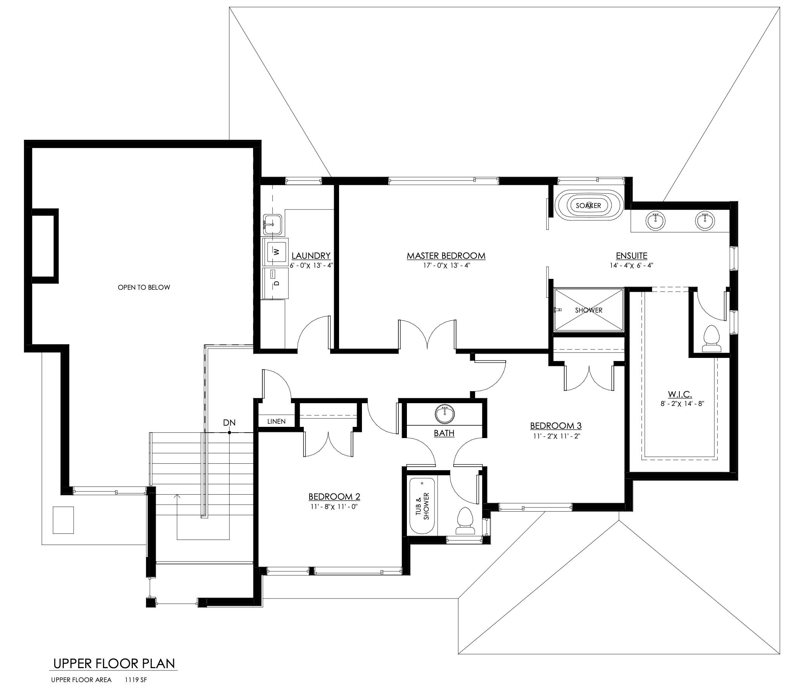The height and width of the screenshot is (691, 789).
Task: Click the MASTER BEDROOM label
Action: point(446,256)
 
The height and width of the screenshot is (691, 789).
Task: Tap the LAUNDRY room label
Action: point(311,256)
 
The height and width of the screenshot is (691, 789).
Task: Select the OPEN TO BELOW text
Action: point(144,287)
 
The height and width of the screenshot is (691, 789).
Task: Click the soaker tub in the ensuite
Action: point(589,206)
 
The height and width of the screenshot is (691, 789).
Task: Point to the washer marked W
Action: point(276,251)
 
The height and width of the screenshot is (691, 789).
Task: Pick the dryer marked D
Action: point(276,283)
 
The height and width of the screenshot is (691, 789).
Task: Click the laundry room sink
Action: point(273,224)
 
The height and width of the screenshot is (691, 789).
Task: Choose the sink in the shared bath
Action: point(444,414)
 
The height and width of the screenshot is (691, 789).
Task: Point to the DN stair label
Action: point(229,423)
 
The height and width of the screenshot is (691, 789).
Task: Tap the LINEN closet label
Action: point(277,421)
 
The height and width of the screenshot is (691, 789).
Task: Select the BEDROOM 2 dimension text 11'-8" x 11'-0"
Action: point(334,506)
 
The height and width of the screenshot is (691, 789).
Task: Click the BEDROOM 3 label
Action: point(556,426)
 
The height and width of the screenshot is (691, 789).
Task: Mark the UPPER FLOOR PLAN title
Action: point(114,663)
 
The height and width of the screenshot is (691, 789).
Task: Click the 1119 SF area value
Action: point(136,680)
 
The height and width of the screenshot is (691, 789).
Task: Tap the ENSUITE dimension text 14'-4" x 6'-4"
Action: point(632,266)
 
